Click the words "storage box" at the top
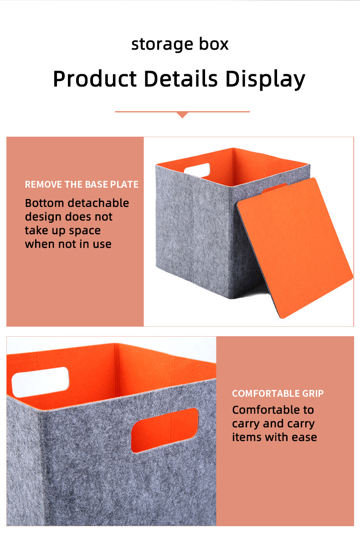(x=180, y=44)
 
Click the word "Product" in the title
(x=95, y=79)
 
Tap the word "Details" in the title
(x=180, y=79)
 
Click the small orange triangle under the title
(x=183, y=115)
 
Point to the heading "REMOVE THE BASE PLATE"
(x=82, y=184)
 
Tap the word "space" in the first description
(x=85, y=231)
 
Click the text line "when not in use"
(x=68, y=244)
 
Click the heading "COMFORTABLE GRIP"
(x=278, y=393)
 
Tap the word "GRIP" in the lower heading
(x=313, y=393)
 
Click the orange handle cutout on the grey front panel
(x=165, y=430)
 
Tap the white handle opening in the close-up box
(x=41, y=382)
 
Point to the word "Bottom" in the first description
(x=44, y=203)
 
